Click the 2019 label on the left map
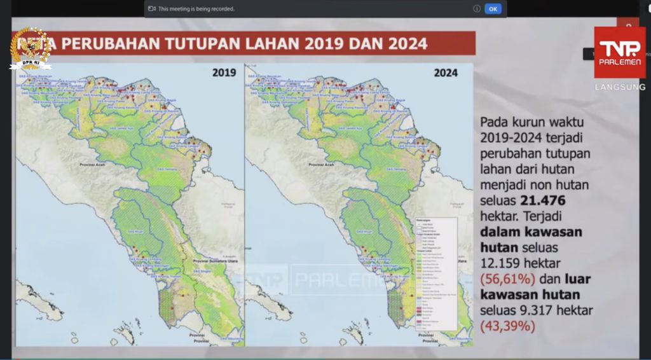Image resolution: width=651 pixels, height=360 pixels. [224, 73]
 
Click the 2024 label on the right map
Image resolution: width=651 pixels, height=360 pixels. [446, 73]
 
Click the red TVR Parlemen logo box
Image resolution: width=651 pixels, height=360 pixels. [619, 53]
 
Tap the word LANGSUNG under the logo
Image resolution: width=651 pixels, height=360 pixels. [620, 87]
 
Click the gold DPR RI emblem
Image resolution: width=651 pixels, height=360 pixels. [30, 48]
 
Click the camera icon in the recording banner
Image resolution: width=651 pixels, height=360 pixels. [152, 9]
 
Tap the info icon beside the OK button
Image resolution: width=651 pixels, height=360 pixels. [476, 9]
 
